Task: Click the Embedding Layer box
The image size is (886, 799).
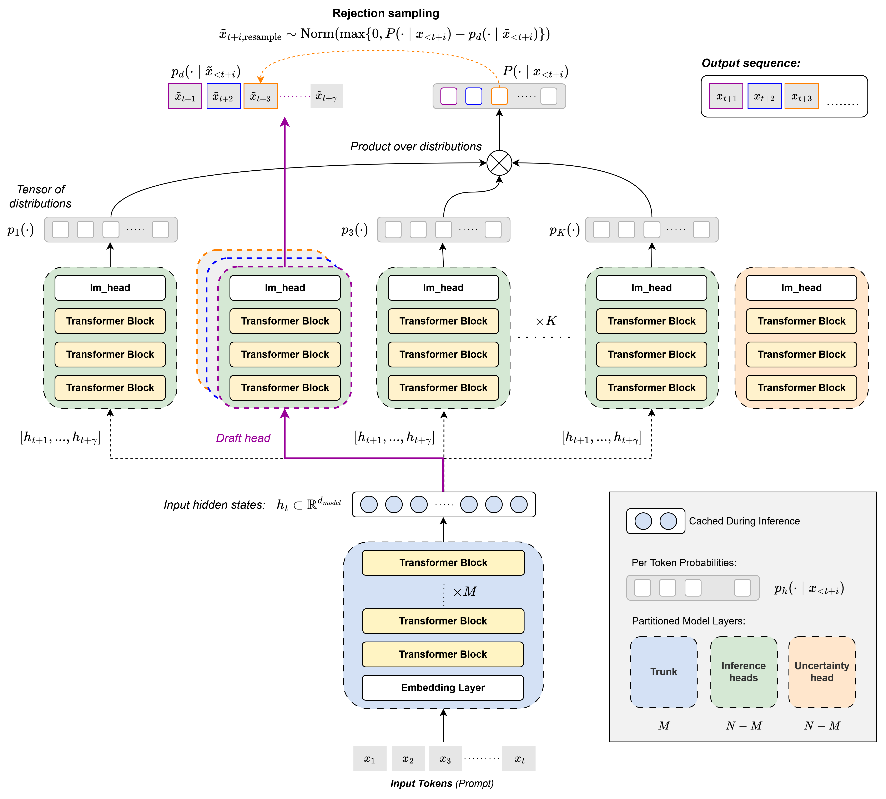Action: point(443,688)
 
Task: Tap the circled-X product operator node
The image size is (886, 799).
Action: point(499,163)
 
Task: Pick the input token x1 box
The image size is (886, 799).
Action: point(370,759)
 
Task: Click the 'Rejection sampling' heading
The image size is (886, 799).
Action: point(386,13)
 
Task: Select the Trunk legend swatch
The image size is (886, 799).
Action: point(663,672)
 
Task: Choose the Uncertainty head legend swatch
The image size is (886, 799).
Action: point(821,672)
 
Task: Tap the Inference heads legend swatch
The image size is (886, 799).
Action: point(743,672)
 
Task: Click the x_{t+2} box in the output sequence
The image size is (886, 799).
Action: point(764,97)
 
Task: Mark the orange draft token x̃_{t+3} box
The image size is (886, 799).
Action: point(260,97)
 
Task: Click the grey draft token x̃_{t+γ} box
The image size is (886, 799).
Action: point(326,97)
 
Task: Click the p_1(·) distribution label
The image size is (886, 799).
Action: point(20,230)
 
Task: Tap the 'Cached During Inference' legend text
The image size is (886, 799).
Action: point(744,521)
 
